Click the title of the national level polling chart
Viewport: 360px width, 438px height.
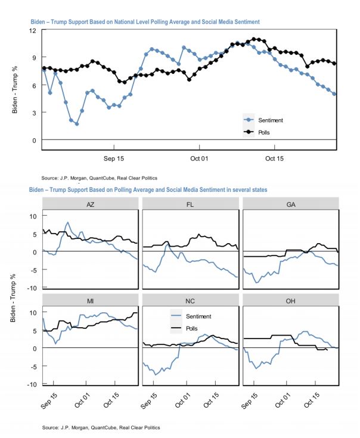(x=145, y=21)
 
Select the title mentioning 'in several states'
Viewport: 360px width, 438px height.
(x=148, y=190)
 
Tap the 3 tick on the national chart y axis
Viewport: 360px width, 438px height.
(x=36, y=113)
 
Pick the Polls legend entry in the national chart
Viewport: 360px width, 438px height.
(x=265, y=132)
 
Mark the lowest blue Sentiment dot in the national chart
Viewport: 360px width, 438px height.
(x=76, y=124)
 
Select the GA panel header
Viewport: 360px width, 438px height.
(x=290, y=204)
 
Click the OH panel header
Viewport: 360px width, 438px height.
(x=290, y=300)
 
